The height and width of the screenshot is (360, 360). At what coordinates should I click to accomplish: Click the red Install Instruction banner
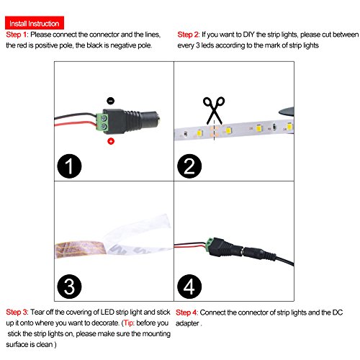click(x=35, y=23)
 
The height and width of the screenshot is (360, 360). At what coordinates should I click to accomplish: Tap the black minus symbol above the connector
click(x=110, y=101)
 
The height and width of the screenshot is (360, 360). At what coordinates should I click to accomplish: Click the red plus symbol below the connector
click(x=111, y=141)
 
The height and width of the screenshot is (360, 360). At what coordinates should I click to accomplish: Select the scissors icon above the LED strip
click(x=214, y=111)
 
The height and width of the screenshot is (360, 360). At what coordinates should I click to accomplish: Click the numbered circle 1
click(x=69, y=166)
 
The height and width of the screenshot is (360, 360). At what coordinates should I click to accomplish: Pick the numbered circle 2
click(x=189, y=166)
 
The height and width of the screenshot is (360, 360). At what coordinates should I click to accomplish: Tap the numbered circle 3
click(x=69, y=287)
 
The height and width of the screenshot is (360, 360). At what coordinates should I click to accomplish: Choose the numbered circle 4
click(x=189, y=287)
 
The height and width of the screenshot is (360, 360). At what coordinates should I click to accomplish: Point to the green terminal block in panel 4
click(x=210, y=245)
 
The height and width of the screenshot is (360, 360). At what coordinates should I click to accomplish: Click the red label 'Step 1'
click(x=17, y=35)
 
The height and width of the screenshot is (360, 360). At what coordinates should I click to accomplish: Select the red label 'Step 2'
click(x=188, y=35)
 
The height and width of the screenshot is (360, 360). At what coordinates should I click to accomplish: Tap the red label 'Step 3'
click(x=17, y=312)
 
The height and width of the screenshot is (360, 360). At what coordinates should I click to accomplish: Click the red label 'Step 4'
click(x=186, y=312)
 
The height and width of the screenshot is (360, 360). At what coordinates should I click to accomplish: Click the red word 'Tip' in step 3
click(x=128, y=323)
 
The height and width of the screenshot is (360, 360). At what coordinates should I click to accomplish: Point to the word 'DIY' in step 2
click(x=248, y=35)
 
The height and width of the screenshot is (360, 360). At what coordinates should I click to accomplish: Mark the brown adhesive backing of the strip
click(x=81, y=249)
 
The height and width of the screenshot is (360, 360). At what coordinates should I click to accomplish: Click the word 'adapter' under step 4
click(x=187, y=323)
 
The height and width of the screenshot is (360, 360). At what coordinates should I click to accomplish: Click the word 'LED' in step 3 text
click(x=107, y=312)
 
